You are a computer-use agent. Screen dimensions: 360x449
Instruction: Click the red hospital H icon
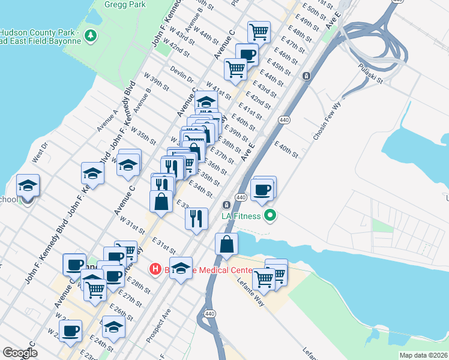coord(155,269)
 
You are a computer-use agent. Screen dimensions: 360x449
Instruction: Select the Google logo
coord(20,353)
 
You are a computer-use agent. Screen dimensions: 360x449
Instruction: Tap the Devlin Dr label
coord(182,75)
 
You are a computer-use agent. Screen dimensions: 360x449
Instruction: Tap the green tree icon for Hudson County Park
coord(91,36)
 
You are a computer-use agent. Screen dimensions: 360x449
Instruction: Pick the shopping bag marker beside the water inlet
coord(226,245)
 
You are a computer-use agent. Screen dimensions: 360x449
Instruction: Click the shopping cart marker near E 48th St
coord(259,31)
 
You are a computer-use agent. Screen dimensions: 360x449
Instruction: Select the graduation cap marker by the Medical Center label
coord(180,268)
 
